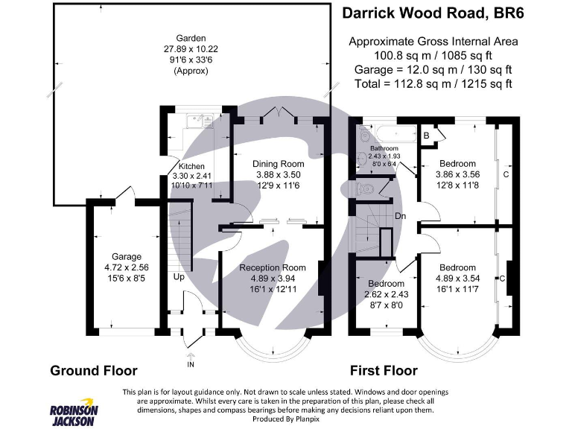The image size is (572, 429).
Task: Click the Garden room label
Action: (x=191, y=38)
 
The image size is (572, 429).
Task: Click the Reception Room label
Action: (x=273, y=267)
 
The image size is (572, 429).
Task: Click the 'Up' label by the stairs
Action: (x=179, y=277)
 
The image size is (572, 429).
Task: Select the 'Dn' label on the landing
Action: (x=400, y=216)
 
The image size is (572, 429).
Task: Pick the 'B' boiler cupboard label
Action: (x=426, y=136)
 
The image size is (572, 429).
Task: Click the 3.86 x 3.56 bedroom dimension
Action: (x=457, y=174)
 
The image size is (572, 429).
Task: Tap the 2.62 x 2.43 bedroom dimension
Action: (x=386, y=294)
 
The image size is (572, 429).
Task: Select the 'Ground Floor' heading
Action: (x=94, y=370)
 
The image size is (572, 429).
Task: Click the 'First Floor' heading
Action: (x=384, y=370)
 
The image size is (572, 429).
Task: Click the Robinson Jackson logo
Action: (x=72, y=414)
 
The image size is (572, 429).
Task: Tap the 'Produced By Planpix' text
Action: (x=285, y=419)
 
